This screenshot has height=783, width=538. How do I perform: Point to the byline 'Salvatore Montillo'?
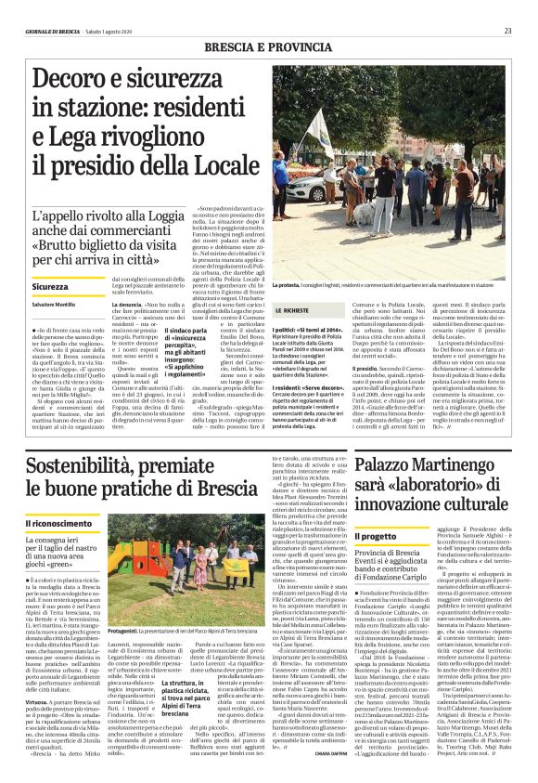[x=56, y=306]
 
